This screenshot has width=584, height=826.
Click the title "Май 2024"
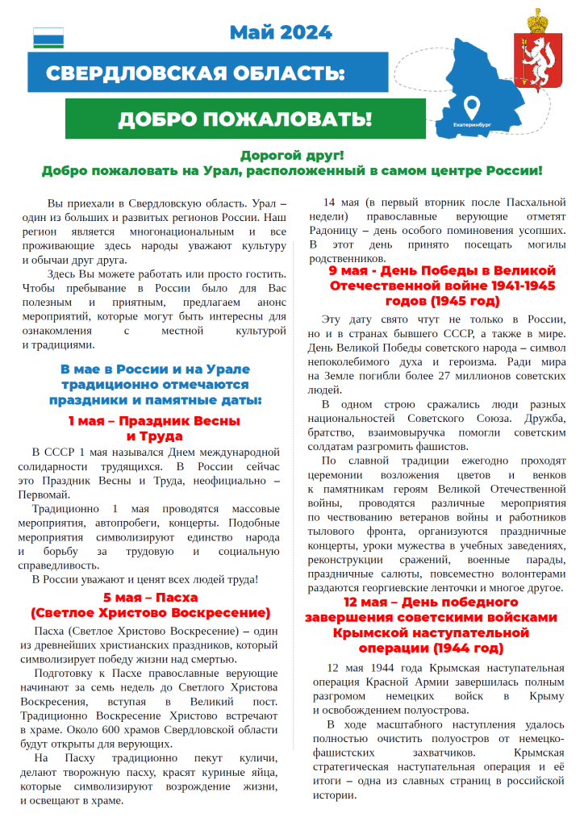tap(280, 32)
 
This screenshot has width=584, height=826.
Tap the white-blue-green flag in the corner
tap(48, 38)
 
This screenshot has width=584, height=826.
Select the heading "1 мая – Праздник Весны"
tap(153, 420)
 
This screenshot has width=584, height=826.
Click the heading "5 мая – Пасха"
tap(150, 598)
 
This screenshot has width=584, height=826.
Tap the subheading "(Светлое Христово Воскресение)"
tap(150, 612)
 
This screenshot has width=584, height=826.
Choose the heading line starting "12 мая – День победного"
tap(431, 603)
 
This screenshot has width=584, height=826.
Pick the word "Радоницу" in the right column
tap(333, 231)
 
